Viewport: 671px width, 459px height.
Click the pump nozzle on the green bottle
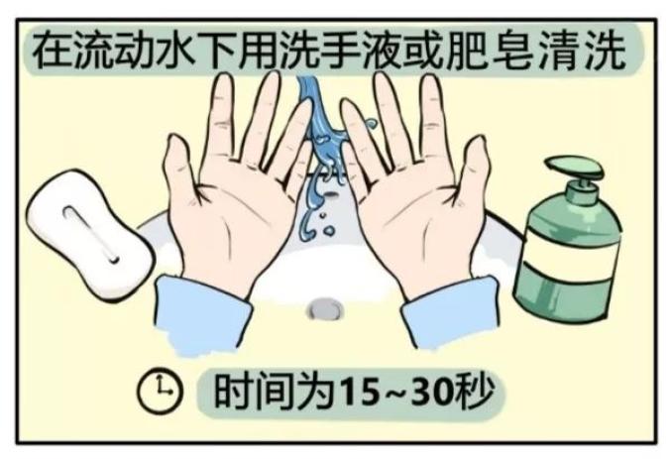click(574, 169)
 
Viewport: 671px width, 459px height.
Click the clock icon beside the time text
click(160, 392)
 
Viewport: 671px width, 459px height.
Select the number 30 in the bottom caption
click(434, 392)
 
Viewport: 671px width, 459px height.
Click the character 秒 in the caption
click(476, 391)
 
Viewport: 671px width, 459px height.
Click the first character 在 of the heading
click(54, 52)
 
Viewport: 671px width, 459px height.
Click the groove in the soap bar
click(89, 234)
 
